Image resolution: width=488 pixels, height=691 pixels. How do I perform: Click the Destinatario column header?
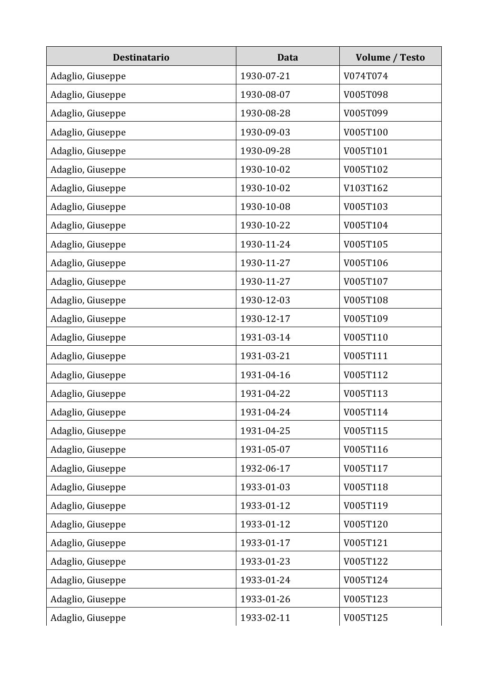click(x=141, y=57)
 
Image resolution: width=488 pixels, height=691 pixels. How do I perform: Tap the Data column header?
click(x=287, y=57)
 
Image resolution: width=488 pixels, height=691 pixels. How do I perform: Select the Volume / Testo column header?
click(x=390, y=57)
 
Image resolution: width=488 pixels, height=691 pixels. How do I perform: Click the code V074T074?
click(x=366, y=76)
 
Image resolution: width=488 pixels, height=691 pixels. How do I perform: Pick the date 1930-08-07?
click(x=265, y=94)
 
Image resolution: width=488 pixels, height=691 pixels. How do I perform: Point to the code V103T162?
click(x=366, y=188)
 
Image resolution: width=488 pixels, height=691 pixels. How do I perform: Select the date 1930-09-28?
click(x=265, y=151)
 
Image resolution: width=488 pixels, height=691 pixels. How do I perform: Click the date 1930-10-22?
click(x=265, y=225)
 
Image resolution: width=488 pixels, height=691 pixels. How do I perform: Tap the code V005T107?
click(x=366, y=281)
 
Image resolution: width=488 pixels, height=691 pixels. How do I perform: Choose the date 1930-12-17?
click(x=265, y=319)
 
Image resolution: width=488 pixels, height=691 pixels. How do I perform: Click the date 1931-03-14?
click(x=265, y=337)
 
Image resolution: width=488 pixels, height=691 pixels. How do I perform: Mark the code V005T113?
click(x=366, y=393)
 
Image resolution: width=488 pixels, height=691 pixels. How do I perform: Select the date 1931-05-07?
click(x=265, y=449)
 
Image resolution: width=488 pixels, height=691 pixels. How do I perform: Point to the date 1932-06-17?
click(x=265, y=468)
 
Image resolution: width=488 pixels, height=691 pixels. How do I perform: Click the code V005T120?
click(x=366, y=524)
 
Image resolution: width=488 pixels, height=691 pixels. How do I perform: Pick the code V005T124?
click(x=366, y=580)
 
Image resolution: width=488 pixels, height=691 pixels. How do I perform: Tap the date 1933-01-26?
click(x=265, y=599)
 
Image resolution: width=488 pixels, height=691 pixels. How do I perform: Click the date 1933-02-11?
click(x=265, y=618)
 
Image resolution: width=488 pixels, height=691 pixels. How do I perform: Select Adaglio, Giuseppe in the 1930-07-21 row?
click(x=88, y=76)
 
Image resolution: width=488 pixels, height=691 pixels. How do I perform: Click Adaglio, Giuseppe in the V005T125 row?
click(x=88, y=618)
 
